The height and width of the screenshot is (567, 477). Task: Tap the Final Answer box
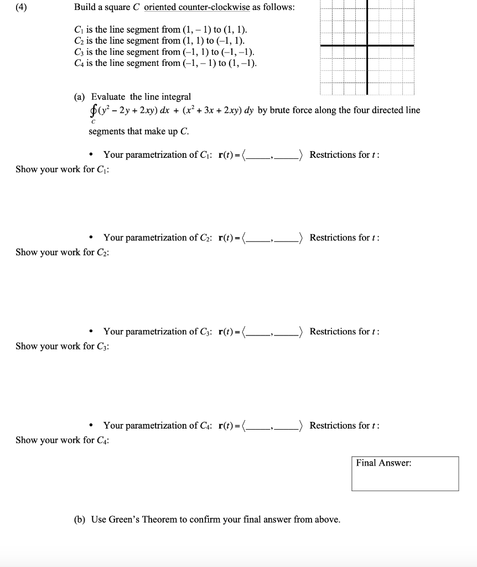pyautogui.click(x=405, y=473)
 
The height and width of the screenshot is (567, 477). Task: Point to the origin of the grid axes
pyautogui.click(x=367, y=45)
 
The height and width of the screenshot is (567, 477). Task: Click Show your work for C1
pyautogui.click(x=62, y=169)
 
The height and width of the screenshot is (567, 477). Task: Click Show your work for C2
pyautogui.click(x=62, y=252)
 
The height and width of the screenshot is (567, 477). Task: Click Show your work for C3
pyautogui.click(x=62, y=346)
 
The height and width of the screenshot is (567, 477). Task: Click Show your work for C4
pyautogui.click(x=62, y=440)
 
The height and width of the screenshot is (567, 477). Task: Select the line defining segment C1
pyautogui.click(x=160, y=29)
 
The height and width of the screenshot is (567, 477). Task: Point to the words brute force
pyautogui.click(x=293, y=110)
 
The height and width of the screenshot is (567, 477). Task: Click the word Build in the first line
pyautogui.click(x=85, y=8)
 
